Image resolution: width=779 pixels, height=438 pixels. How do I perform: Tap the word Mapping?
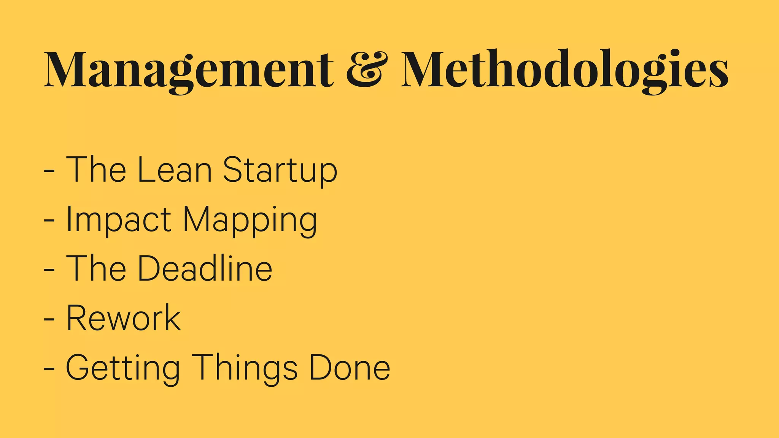(x=250, y=221)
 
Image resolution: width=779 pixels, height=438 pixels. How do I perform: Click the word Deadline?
(x=205, y=268)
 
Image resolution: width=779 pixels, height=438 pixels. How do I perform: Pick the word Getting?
(x=123, y=368)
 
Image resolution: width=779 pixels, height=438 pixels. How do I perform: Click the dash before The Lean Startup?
(x=49, y=171)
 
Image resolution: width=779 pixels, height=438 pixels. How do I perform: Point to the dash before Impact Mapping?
(x=49, y=220)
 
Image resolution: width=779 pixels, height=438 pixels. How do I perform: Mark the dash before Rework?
(x=49, y=319)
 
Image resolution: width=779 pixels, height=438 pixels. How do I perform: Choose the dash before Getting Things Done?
(x=49, y=368)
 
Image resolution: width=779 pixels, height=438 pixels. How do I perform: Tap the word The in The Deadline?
(x=96, y=268)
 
